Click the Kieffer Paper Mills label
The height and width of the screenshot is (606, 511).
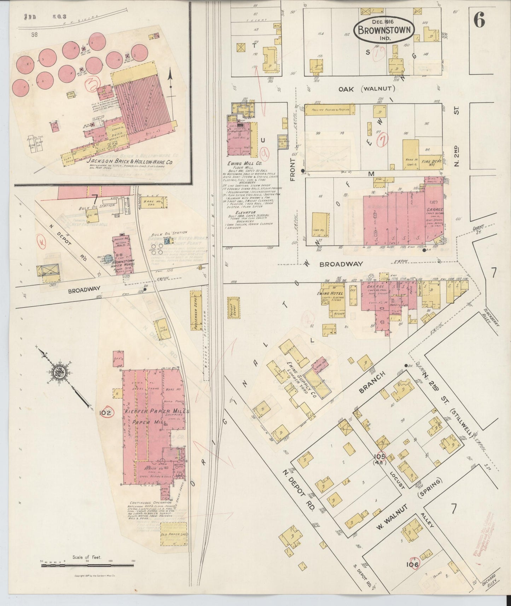156,411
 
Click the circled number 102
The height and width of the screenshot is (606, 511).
106,413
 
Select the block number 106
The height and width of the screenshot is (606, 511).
412,565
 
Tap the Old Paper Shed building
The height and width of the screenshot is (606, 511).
174,535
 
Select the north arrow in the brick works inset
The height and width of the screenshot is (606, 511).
171,83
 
